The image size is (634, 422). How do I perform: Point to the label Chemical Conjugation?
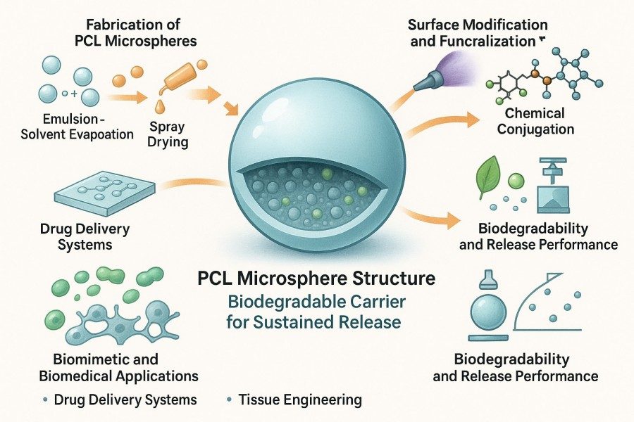pyautogui.click(x=535, y=121)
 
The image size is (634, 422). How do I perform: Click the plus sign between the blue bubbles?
pyautogui.click(x=74, y=94)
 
